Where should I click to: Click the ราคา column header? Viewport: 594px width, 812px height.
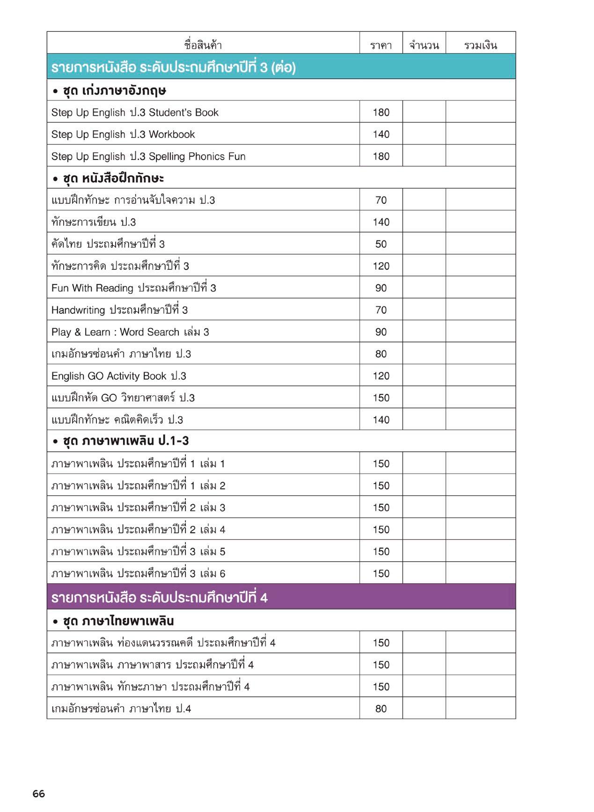(381, 45)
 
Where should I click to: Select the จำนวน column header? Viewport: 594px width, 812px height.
(424, 45)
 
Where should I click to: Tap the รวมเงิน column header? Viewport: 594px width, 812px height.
(480, 45)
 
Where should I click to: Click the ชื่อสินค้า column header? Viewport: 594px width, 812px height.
(203, 45)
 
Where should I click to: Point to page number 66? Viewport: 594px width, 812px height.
(39, 793)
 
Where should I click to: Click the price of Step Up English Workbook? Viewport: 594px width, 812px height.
(381, 134)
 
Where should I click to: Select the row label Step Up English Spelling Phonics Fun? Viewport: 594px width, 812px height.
(148, 156)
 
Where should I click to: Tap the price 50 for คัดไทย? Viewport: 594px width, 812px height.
(381, 244)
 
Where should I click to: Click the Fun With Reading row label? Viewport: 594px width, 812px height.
(134, 288)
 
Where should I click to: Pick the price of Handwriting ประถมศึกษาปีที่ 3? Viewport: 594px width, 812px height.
(381, 310)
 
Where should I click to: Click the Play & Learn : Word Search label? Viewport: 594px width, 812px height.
(130, 332)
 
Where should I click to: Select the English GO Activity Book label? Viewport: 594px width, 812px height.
(119, 376)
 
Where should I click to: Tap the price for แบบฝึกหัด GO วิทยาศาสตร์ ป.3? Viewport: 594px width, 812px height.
(381, 398)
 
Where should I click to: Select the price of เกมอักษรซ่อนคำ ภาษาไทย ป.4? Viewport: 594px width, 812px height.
(381, 709)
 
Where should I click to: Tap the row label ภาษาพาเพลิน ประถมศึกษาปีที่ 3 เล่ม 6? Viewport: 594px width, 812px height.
(138, 573)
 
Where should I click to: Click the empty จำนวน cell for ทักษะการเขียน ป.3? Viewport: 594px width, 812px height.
(424, 222)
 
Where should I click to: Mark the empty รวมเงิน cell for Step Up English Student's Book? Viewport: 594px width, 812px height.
(480, 112)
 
